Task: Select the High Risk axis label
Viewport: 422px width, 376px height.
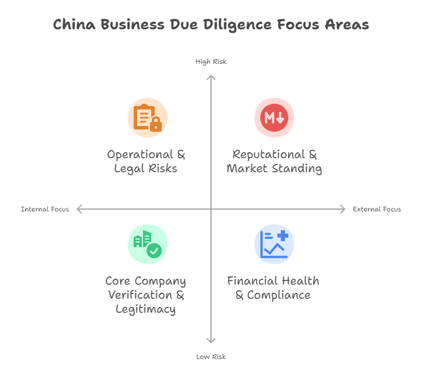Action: click(x=210, y=61)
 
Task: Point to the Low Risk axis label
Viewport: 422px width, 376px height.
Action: click(x=210, y=357)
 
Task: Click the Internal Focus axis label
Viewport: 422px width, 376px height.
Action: click(x=45, y=209)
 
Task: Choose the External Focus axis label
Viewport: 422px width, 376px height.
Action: click(x=377, y=209)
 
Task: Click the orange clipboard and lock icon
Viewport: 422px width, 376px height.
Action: click(x=148, y=118)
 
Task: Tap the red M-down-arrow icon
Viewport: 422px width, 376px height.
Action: click(x=274, y=118)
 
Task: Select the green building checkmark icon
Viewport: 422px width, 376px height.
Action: click(x=148, y=244)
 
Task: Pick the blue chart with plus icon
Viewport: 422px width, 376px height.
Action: click(x=274, y=244)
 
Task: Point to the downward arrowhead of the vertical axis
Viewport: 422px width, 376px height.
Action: click(x=211, y=342)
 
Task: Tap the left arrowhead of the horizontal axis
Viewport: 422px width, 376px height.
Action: click(x=79, y=209)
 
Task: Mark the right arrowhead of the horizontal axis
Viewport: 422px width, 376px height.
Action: click(x=343, y=209)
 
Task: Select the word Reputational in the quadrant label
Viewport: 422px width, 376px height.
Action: click(x=268, y=155)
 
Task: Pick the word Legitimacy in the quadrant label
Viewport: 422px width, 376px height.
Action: click(x=145, y=309)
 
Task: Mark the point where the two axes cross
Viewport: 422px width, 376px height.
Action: click(x=211, y=209)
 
